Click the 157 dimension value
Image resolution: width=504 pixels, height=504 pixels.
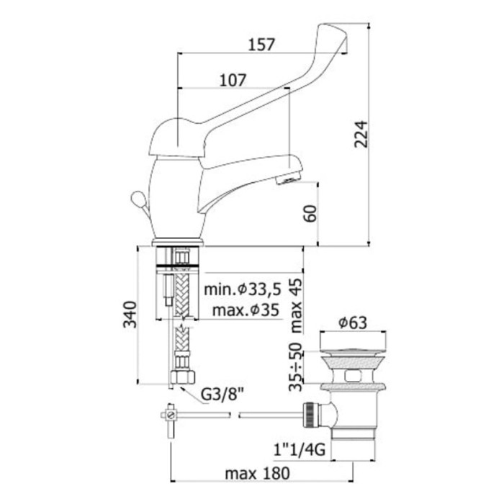(262, 45)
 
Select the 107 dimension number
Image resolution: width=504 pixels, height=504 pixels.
(233, 80)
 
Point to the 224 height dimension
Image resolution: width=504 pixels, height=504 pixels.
(361, 134)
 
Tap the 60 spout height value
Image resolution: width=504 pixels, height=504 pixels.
(310, 213)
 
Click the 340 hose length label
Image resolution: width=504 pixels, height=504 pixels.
(130, 314)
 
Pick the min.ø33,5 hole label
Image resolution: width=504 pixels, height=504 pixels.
(243, 289)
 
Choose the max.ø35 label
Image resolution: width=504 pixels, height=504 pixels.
(246, 310)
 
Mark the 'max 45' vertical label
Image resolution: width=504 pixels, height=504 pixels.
(296, 305)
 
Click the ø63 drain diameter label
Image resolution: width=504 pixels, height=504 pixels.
(353, 323)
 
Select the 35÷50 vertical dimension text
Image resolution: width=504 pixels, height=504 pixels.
(296, 366)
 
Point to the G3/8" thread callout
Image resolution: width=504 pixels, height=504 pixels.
(222, 395)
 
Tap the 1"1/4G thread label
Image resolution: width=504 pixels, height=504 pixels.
(300, 450)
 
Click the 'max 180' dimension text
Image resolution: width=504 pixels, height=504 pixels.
(258, 474)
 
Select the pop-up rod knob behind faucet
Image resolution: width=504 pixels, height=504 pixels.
(138, 198)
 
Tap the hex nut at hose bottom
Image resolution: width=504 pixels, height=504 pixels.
(183, 377)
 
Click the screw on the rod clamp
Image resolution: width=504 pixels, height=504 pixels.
(171, 415)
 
